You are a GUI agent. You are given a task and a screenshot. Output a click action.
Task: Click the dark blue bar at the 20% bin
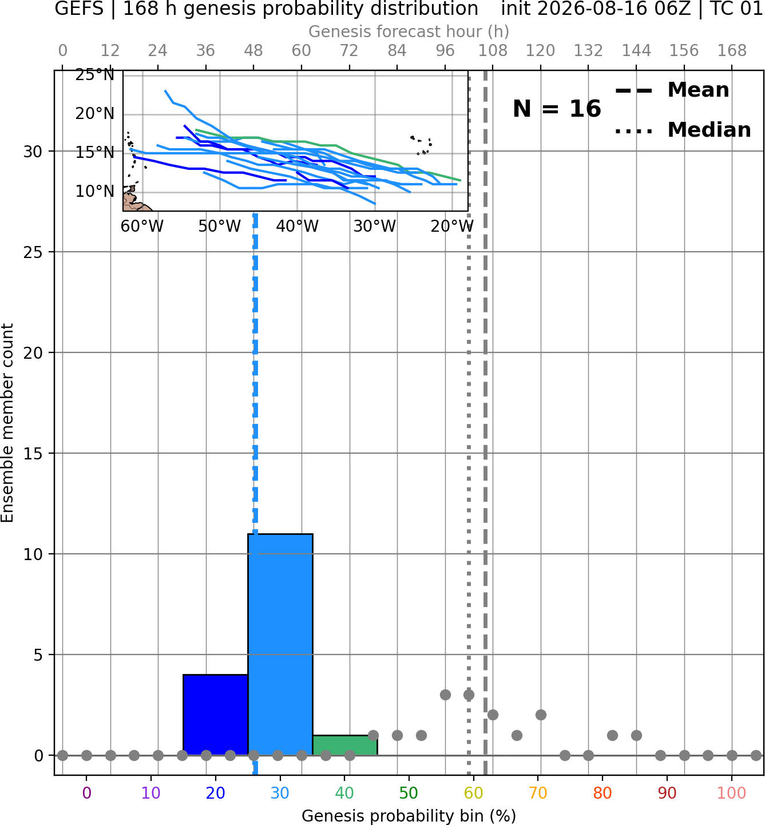pyautogui.click(x=216, y=715)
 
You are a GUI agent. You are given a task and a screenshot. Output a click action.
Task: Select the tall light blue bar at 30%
pyautogui.click(x=280, y=644)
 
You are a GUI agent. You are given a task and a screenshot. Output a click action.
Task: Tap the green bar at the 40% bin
pyautogui.click(x=345, y=745)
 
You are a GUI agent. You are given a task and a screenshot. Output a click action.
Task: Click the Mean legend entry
pyautogui.click(x=672, y=90)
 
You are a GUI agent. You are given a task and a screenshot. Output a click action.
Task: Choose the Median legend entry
pyautogui.click(x=683, y=130)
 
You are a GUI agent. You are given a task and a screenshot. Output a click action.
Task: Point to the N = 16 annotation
pyautogui.click(x=557, y=109)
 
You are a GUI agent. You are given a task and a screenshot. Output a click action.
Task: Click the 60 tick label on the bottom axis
pyautogui.click(x=473, y=793)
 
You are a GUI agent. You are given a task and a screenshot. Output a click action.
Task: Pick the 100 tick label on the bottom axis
pyautogui.click(x=731, y=793)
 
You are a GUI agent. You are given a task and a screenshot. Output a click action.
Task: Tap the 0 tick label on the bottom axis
pyautogui.click(x=86, y=793)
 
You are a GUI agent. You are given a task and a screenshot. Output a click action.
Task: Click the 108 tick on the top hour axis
pyautogui.click(x=493, y=51)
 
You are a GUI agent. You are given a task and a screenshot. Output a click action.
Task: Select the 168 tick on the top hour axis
pyautogui.click(x=732, y=51)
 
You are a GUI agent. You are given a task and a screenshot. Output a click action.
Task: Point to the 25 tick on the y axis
pyautogui.click(x=33, y=252)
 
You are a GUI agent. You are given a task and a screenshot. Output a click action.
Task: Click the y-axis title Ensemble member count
pyautogui.click(x=7, y=423)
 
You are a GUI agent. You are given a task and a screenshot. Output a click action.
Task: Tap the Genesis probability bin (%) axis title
pyautogui.click(x=409, y=816)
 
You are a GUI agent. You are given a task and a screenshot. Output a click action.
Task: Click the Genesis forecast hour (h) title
pyautogui.click(x=409, y=31)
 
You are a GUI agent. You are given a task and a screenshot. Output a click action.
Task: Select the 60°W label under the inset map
pyautogui.click(x=142, y=227)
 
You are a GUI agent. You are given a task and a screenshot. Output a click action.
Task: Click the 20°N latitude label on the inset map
pyautogui.click(x=95, y=113)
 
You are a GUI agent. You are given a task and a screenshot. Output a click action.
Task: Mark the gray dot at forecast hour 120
pyautogui.click(x=541, y=715)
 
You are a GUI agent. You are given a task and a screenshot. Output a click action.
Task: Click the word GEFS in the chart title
pyautogui.click(x=79, y=9)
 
